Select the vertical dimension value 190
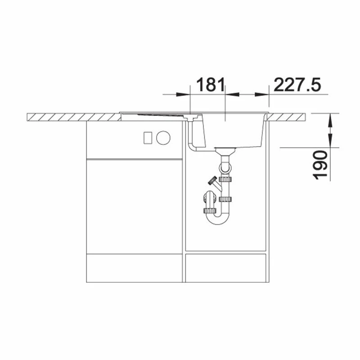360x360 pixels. point(320,165)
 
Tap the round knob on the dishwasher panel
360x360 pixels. point(163,138)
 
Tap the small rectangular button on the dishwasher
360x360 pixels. point(148,138)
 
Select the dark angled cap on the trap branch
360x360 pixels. point(212,180)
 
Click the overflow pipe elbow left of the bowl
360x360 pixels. point(192,147)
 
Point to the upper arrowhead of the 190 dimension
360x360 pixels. point(330,120)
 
